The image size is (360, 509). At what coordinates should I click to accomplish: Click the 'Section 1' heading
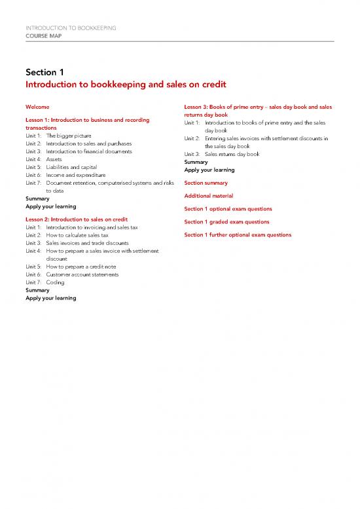(45, 71)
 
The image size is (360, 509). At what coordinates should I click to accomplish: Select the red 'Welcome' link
(37, 107)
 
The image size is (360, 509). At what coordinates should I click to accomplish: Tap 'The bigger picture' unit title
(69, 136)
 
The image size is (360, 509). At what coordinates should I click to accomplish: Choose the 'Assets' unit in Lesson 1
(54, 159)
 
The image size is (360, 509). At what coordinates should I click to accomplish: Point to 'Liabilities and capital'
(72, 167)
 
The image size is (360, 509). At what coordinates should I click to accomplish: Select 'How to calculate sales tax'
(77, 235)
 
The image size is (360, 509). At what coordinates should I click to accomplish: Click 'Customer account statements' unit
(82, 274)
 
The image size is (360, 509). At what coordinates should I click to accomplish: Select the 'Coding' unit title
(56, 282)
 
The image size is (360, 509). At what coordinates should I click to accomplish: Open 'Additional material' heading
(208, 196)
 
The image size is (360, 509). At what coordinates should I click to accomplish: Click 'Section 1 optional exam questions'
(228, 208)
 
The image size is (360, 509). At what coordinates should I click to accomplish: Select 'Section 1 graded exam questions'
(226, 221)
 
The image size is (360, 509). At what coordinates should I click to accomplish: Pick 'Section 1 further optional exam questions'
(238, 235)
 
